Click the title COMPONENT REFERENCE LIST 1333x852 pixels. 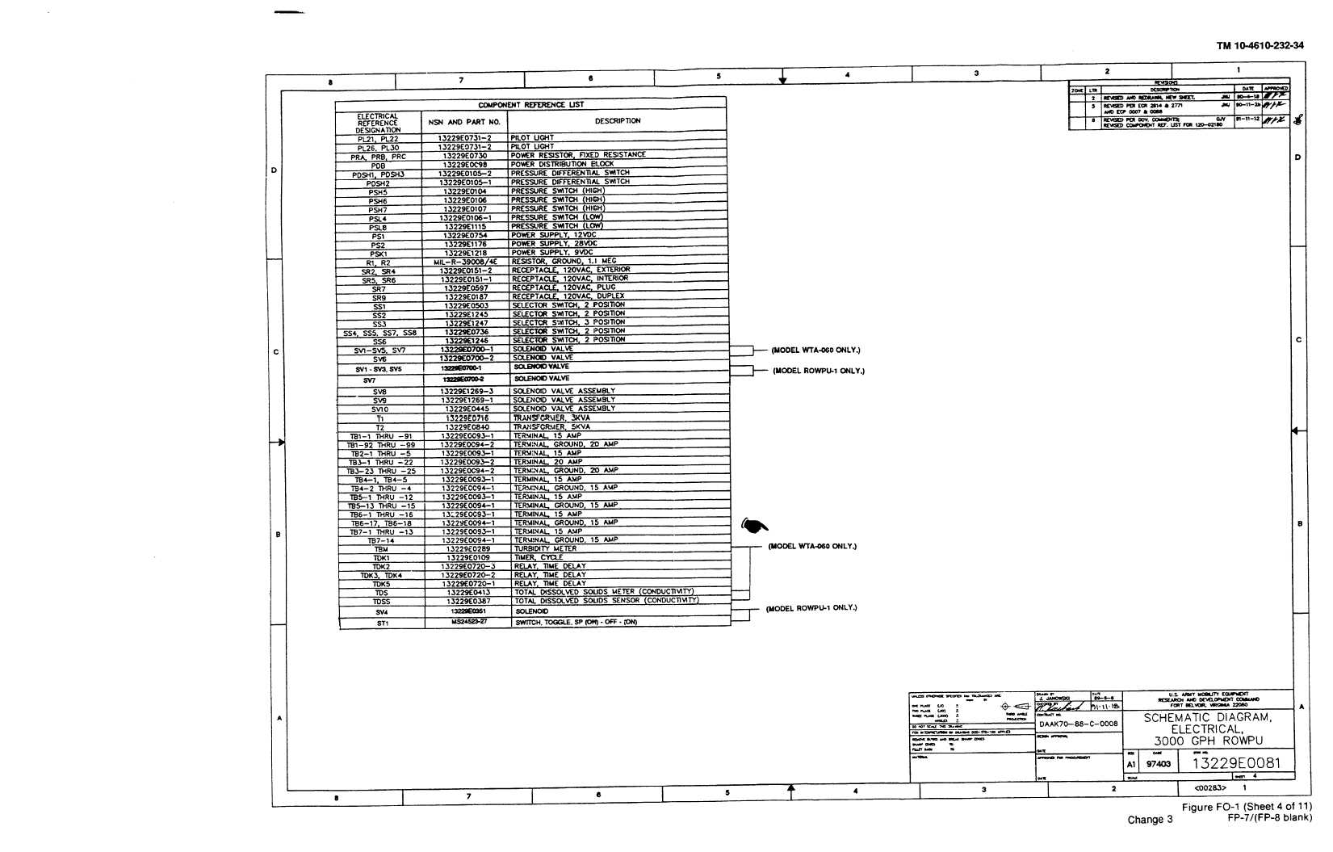coord(530,105)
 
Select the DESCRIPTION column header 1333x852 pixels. coord(618,121)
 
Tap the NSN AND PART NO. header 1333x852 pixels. coord(464,122)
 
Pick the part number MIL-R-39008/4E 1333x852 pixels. coord(465,262)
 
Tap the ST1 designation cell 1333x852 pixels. coord(382,623)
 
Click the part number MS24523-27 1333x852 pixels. coord(469,622)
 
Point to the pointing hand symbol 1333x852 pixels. coord(754,526)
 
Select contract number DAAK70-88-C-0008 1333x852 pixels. coord(1078,724)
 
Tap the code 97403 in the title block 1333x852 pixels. coord(1158,764)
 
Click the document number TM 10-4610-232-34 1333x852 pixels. coord(1260,46)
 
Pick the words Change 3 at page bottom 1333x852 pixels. coord(1151,820)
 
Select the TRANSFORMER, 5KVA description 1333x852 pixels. coord(551,427)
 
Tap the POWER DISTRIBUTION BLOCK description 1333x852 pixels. coord(562,164)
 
